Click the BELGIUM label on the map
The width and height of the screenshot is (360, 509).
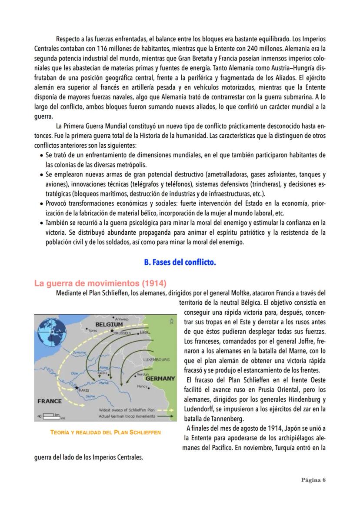(109, 324)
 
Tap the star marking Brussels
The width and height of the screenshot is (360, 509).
(112, 331)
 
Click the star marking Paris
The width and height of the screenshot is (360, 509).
(77, 388)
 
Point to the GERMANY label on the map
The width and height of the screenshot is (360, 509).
(160, 379)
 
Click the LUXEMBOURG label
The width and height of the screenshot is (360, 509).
(156, 360)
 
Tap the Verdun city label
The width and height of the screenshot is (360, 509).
(143, 374)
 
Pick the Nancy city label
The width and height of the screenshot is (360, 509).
(142, 386)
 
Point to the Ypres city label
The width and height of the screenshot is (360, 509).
(92, 330)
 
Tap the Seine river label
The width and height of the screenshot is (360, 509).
(90, 396)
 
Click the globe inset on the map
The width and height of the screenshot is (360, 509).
(50, 330)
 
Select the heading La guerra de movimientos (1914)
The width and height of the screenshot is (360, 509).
(100, 284)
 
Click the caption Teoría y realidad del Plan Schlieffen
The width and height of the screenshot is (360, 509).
(105, 432)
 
